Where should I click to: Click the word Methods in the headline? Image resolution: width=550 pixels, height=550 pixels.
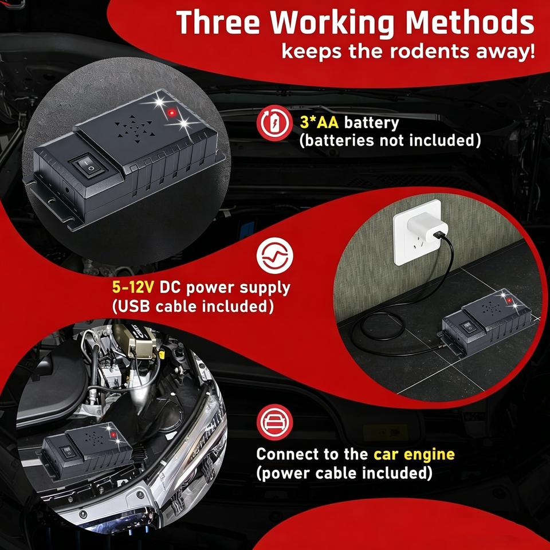pyautogui.click(x=470, y=22)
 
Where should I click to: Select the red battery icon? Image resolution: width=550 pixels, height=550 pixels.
pyautogui.click(x=274, y=123)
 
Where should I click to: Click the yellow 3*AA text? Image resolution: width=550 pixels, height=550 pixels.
pyautogui.click(x=319, y=123)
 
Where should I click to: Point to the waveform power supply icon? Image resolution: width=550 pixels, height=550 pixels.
pyautogui.click(x=274, y=255)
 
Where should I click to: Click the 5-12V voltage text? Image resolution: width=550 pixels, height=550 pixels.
pyautogui.click(x=133, y=288)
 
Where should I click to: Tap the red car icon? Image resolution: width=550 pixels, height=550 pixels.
pyautogui.click(x=274, y=422)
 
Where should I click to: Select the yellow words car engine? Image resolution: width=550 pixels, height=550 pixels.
pyautogui.click(x=414, y=454)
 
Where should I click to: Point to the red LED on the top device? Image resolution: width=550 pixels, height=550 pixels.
pyautogui.click(x=171, y=113)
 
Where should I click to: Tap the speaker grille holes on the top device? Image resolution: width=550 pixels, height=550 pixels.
pyautogui.click(x=135, y=129)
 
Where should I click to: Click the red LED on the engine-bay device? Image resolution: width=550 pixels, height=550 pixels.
pyautogui.click(x=113, y=435)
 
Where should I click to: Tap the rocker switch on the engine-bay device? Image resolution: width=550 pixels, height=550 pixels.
pyautogui.click(x=68, y=453)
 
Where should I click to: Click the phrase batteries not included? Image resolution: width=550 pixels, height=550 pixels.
pyautogui.click(x=390, y=141)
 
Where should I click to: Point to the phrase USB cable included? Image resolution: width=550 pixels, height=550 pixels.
pyautogui.click(x=192, y=307)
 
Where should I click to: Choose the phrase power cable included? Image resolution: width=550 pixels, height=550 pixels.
pyautogui.click(x=344, y=474)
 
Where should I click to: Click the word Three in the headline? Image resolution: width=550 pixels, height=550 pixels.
pyautogui.click(x=218, y=22)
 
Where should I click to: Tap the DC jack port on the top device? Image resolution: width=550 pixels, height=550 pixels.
pyautogui.click(x=67, y=190)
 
